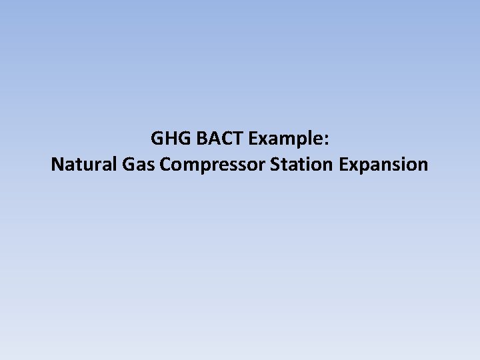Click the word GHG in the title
click(x=165, y=139)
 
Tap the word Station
click(x=303, y=164)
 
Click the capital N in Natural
click(x=57, y=164)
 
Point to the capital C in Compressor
click(x=165, y=164)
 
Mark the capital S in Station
click(x=275, y=164)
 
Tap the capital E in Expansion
click(x=344, y=164)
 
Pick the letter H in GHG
click(x=166, y=139)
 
